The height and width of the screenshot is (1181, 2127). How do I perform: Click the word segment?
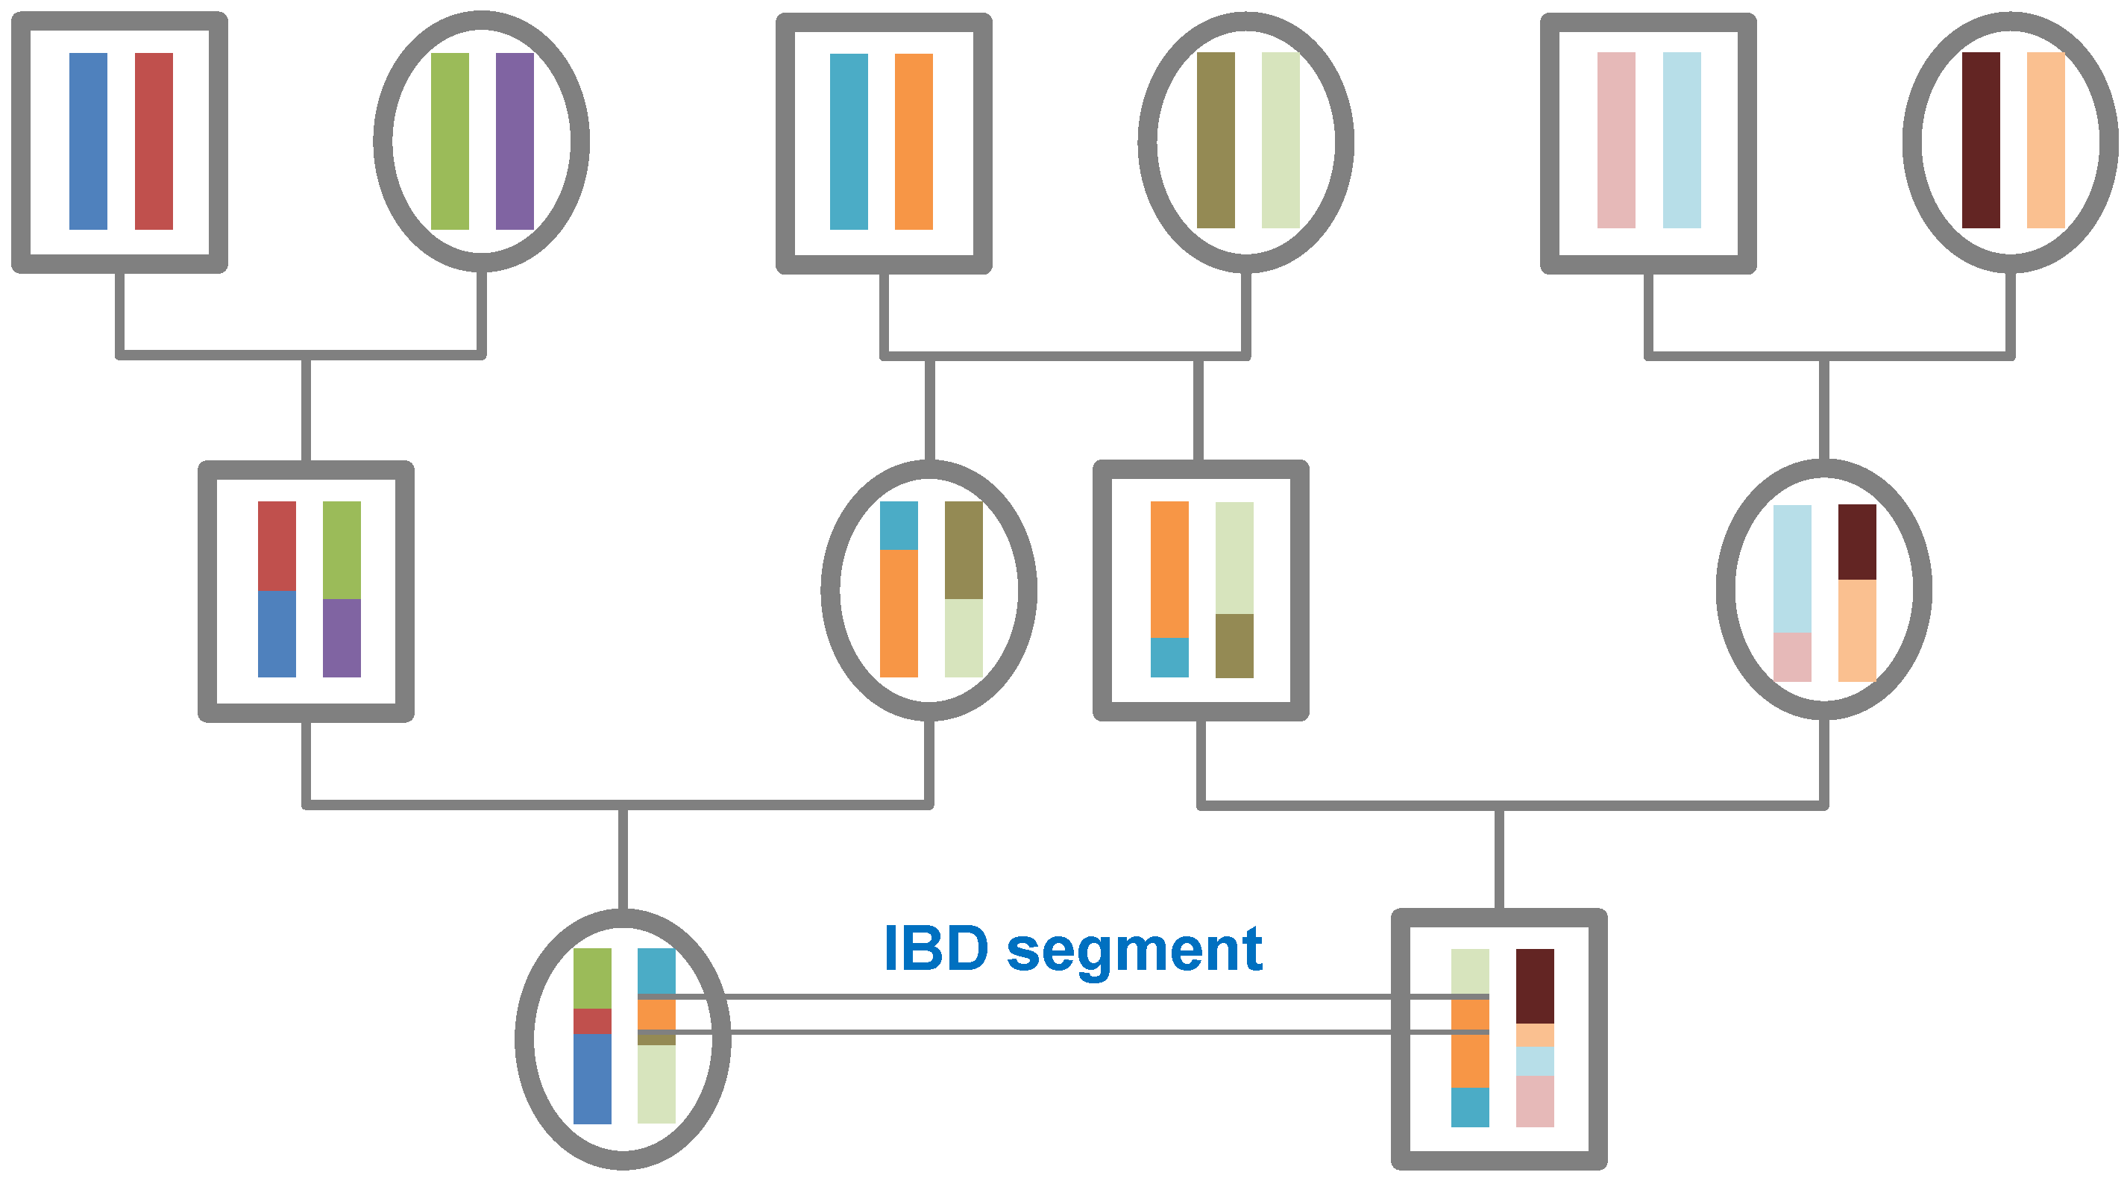click(1134, 952)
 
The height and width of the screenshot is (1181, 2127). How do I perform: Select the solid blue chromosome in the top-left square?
click(88, 141)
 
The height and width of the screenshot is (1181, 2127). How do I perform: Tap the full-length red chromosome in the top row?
click(154, 141)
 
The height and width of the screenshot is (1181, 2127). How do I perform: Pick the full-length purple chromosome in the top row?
click(515, 141)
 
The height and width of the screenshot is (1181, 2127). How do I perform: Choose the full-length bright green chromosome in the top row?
click(450, 141)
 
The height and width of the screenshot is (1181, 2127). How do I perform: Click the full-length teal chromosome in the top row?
click(849, 141)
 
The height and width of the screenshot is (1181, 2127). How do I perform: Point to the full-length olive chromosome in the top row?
click(1216, 140)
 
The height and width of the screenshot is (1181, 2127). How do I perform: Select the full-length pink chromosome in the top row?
click(1616, 140)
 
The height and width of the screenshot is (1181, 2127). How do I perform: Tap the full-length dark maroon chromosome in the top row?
click(1981, 140)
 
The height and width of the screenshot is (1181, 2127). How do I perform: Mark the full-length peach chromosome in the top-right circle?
click(2046, 140)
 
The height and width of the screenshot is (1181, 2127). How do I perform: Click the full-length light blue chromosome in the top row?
click(1682, 140)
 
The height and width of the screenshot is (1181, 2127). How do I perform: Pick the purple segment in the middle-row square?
click(342, 638)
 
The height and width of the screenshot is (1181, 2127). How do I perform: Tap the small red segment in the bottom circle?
click(592, 1021)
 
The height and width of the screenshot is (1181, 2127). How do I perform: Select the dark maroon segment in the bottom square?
click(1535, 986)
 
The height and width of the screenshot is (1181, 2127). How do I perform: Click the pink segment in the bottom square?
click(1535, 1101)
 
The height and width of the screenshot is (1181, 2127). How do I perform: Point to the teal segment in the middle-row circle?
click(899, 525)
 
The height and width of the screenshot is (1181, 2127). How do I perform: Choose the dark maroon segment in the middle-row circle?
click(1857, 542)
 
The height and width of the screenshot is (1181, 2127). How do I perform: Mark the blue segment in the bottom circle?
click(592, 1079)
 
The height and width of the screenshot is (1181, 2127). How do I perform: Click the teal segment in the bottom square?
click(1471, 1107)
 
